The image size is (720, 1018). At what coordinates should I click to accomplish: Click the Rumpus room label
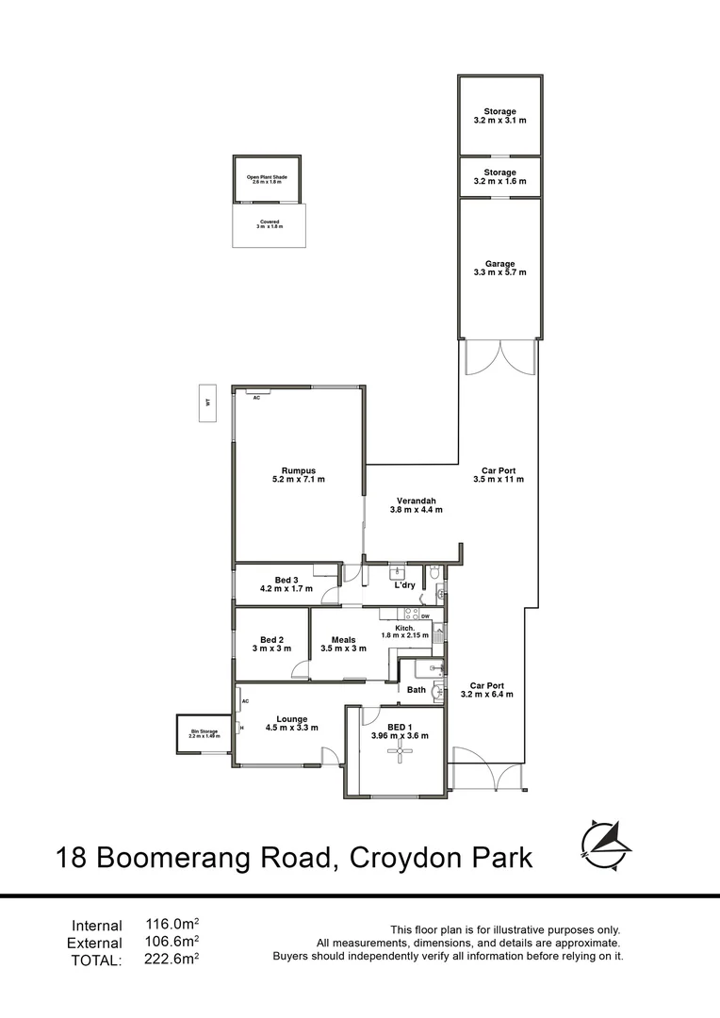click(298, 470)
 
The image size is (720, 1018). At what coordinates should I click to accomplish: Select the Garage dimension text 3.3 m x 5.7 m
click(499, 272)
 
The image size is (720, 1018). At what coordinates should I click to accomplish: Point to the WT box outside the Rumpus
click(206, 402)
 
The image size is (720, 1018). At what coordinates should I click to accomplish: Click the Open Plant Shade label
click(267, 177)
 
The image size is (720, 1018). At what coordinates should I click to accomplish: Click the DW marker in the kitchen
click(426, 616)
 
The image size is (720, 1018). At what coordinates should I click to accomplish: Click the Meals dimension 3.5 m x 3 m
click(343, 649)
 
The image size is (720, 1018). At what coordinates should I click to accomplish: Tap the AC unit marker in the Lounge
click(244, 702)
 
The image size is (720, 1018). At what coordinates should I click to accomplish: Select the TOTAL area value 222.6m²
click(172, 959)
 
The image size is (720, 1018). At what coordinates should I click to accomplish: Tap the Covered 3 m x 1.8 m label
click(270, 224)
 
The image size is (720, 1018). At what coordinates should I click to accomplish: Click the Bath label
click(417, 690)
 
